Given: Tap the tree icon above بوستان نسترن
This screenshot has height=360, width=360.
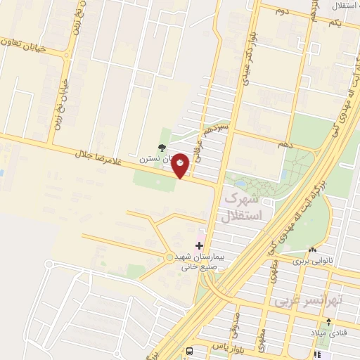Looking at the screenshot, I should pyautogui.click(x=162, y=148).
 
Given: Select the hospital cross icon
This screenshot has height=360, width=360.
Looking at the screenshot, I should pyautogui.click(x=200, y=246).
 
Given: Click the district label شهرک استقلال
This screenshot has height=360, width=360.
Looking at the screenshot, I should pyautogui.click(x=241, y=208).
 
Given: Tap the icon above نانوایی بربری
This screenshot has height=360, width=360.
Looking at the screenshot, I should pyautogui.click(x=312, y=250).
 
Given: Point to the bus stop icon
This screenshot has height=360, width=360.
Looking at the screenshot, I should pyautogui.click(x=188, y=350).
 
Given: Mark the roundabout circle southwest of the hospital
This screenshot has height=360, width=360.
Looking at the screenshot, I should pyautogui.click(x=169, y=257).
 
